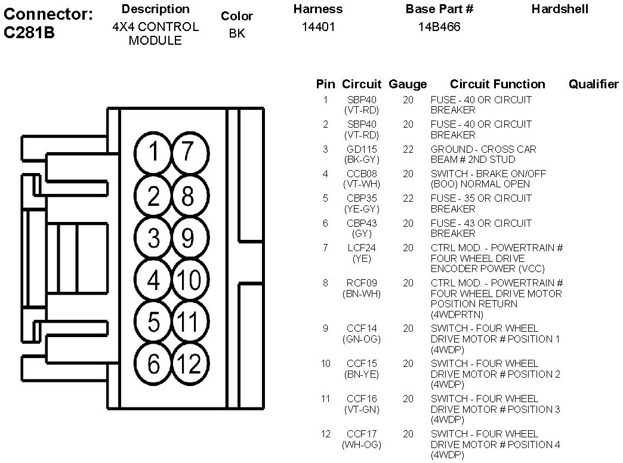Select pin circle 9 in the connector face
click(x=189, y=238)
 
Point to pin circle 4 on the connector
click(x=154, y=280)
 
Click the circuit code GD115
click(x=362, y=149)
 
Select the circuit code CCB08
click(x=362, y=174)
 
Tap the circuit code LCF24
click(x=362, y=248)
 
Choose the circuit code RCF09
click(x=362, y=283)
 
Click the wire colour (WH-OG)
click(x=362, y=445)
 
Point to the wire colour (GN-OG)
click(x=362, y=339)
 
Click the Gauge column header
click(x=408, y=84)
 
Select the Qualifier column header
click(x=593, y=84)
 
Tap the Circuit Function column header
click(x=497, y=84)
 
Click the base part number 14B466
click(x=439, y=27)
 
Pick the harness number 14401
click(x=318, y=27)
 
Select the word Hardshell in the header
click(x=559, y=9)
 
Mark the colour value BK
click(x=237, y=33)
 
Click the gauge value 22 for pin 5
click(x=408, y=198)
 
